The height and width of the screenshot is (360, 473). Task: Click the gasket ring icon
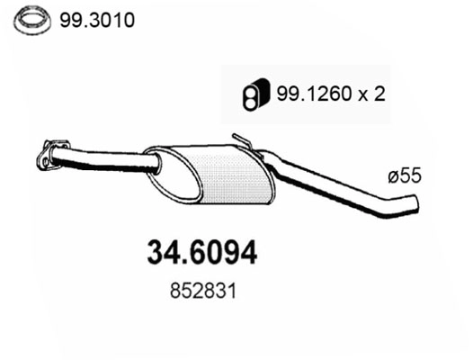[x=33, y=18]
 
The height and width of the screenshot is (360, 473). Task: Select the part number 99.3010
[x=96, y=18]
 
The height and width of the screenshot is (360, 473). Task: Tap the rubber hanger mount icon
[x=252, y=94]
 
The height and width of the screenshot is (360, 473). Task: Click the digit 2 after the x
[x=379, y=94]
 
